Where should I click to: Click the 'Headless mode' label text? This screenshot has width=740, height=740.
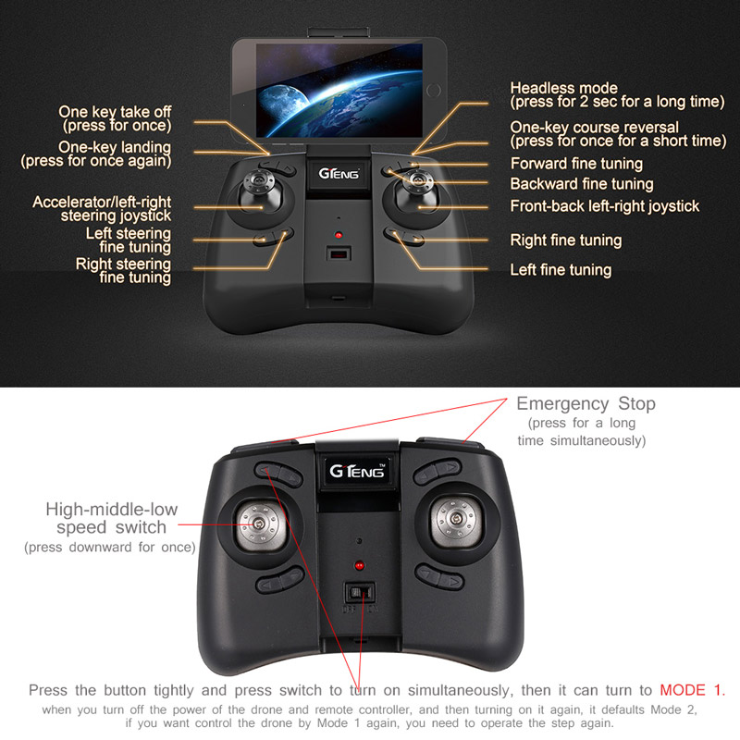coord(563,88)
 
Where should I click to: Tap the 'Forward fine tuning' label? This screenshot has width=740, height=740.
coord(576,164)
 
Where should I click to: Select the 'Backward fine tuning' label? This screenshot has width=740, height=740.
coord(582,184)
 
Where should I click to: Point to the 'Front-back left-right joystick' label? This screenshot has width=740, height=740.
coord(605,206)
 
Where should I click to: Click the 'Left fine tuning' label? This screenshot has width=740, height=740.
coord(561,270)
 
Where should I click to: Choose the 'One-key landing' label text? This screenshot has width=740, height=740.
coord(115,147)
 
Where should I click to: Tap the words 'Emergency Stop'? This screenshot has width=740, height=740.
coord(586,404)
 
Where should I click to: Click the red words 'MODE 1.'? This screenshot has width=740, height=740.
coord(692,690)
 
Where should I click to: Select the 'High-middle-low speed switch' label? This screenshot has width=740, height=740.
coord(111,518)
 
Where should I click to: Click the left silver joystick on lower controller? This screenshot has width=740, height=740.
coord(260,524)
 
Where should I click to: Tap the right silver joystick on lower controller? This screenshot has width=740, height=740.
coord(455,519)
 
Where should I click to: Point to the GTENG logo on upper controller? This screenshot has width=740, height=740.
coord(339,174)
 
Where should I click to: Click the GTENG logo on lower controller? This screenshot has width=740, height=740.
coord(357,471)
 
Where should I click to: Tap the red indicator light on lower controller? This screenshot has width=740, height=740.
coord(360,564)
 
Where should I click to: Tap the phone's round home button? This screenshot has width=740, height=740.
coord(433,90)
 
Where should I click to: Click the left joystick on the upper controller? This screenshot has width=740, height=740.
coord(260,191)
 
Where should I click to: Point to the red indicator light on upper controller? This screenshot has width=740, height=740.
coord(339,235)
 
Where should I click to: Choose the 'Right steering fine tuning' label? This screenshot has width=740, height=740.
coord(123,270)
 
